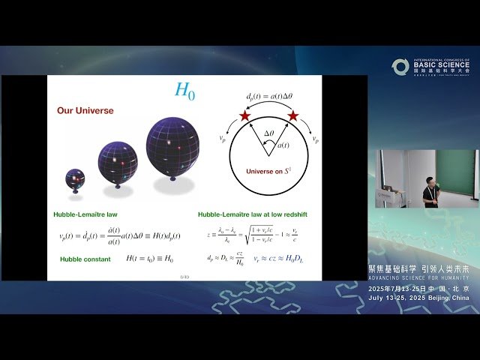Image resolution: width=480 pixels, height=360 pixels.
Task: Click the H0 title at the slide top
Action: (184, 90)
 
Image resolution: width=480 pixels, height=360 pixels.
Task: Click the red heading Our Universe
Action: (85, 110)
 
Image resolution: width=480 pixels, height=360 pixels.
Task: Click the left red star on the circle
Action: (244, 116)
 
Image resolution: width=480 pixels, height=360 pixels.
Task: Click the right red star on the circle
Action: (293, 116)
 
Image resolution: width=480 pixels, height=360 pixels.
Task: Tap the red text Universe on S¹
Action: (268, 171)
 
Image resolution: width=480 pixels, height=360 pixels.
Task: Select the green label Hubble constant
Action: (85, 259)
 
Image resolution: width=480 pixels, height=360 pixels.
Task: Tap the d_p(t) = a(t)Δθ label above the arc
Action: (268, 97)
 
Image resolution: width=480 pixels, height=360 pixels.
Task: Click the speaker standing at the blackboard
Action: (430, 191)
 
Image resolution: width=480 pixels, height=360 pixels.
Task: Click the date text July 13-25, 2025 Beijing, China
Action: (419, 298)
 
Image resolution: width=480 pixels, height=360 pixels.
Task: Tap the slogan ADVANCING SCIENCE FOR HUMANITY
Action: (419, 277)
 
